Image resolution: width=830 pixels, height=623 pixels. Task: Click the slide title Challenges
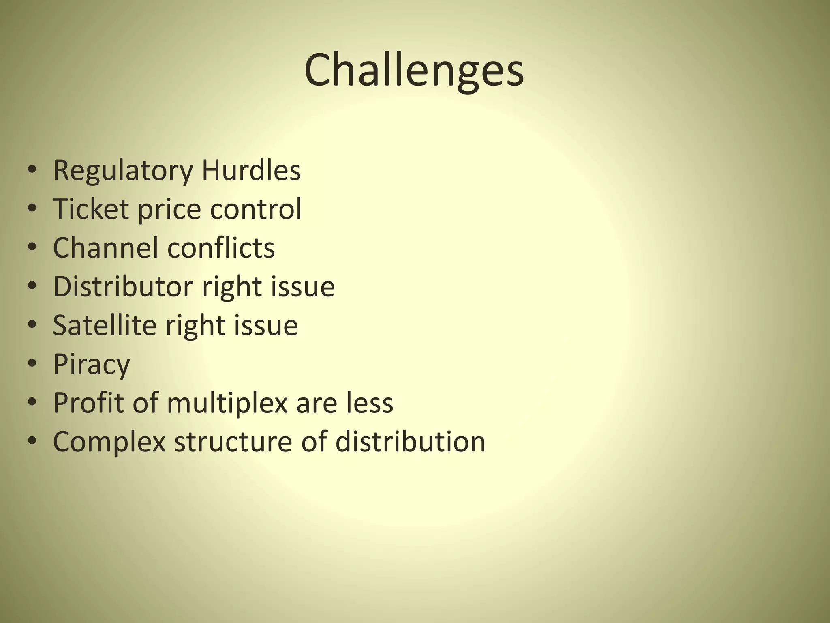[414, 70]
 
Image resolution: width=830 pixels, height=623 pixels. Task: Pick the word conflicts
[221, 247]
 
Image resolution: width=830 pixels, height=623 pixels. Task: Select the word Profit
[88, 402]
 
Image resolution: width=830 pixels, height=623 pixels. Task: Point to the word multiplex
[227, 403]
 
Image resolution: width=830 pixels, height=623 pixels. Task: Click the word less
[370, 402]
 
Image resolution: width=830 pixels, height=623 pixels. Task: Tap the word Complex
[109, 442]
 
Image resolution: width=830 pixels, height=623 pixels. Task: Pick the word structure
[233, 441]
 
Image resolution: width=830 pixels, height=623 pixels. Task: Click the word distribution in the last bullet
[410, 441]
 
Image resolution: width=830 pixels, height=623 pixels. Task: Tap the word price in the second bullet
[169, 209]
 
